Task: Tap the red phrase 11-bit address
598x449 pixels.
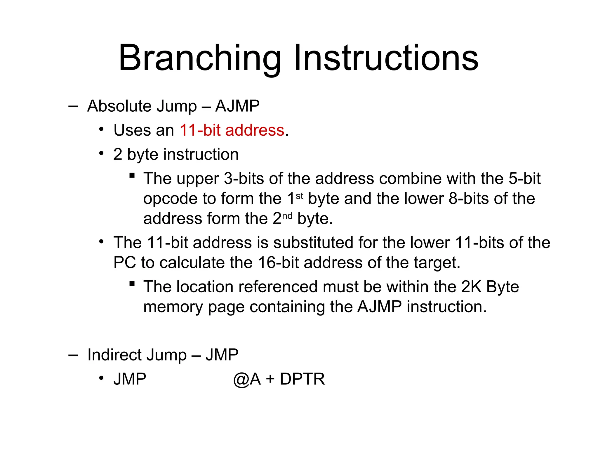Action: click(232, 130)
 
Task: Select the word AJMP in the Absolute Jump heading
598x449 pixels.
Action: click(237, 106)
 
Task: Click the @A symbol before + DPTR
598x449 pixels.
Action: click(247, 379)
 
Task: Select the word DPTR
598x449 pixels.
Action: click(302, 379)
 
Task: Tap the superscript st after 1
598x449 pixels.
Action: click(300, 196)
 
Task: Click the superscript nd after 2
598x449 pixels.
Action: click(287, 216)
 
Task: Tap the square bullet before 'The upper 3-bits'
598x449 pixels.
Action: click(132, 175)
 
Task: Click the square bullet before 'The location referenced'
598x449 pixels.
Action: click(132, 284)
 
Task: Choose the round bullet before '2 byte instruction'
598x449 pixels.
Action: click(101, 153)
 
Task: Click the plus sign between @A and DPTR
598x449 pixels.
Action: click(270, 379)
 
